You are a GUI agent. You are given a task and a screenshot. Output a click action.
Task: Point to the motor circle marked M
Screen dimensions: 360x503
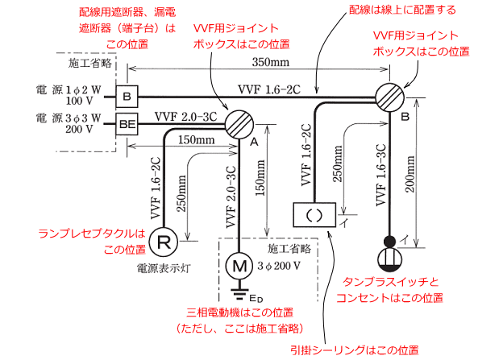pyautogui.click(x=239, y=263)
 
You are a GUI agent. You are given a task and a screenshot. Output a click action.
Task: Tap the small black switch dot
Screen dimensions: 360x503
pyautogui.click(x=391, y=241)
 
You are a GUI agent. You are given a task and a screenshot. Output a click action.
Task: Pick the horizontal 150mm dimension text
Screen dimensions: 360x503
pyautogui.click(x=197, y=139)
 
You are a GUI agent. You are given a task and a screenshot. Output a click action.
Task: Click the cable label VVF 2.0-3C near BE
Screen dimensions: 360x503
pyautogui.click(x=183, y=115)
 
